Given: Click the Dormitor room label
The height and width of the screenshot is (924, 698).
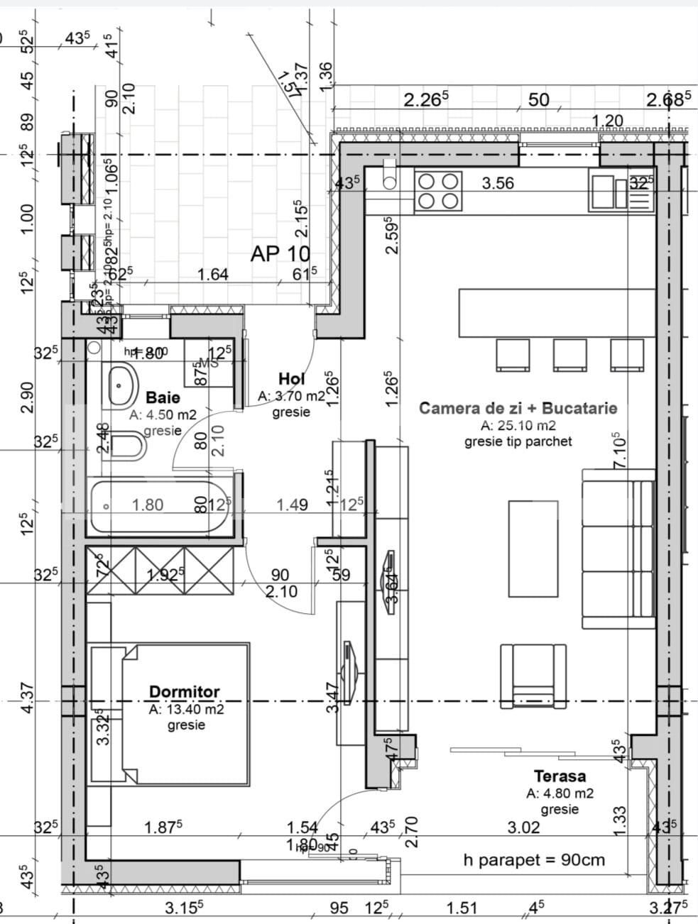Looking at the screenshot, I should (x=184, y=691).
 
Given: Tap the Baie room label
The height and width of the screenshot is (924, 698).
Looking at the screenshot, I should (x=163, y=397).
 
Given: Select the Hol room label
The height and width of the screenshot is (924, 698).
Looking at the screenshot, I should (x=291, y=379).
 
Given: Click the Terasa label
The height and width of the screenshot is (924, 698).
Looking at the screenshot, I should (x=560, y=776).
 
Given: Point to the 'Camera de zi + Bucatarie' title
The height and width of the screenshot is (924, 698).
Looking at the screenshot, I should (x=518, y=408).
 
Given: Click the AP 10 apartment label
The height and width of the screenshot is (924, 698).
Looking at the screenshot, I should (x=280, y=254).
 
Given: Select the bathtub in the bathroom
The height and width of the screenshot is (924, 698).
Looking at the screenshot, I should (x=160, y=506).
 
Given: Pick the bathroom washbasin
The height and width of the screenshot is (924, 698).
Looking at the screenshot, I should (x=123, y=385).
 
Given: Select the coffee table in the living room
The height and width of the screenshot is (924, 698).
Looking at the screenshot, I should (x=533, y=549).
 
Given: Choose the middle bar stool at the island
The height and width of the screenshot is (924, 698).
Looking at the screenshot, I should (x=570, y=355).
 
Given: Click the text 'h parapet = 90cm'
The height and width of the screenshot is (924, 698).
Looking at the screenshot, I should (x=534, y=860).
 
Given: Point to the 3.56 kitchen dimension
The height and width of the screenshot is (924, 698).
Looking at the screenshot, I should (x=498, y=184).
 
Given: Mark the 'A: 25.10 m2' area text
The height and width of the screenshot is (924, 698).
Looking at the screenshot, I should (x=518, y=426).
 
